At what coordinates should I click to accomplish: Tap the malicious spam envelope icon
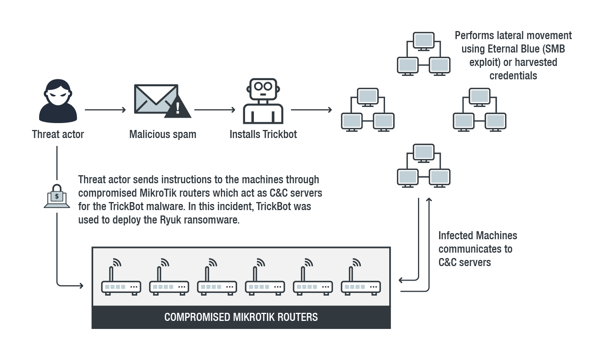(x=156, y=99)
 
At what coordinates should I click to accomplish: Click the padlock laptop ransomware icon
(x=57, y=196)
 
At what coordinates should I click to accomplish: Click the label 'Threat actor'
(x=58, y=134)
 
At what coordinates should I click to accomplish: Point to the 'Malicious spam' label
(x=163, y=134)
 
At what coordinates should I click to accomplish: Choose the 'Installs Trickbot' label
(x=263, y=134)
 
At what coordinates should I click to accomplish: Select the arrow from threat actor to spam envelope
(x=105, y=110)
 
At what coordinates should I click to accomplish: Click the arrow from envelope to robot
(x=215, y=110)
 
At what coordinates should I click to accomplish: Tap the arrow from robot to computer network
(x=311, y=110)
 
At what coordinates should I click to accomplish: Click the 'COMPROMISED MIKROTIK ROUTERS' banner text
(x=241, y=317)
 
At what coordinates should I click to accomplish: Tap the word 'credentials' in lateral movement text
(x=513, y=76)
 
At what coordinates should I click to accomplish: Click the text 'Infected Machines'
(x=477, y=235)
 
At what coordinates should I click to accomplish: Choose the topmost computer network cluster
(x=423, y=54)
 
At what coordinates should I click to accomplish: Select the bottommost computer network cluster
(x=423, y=166)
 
